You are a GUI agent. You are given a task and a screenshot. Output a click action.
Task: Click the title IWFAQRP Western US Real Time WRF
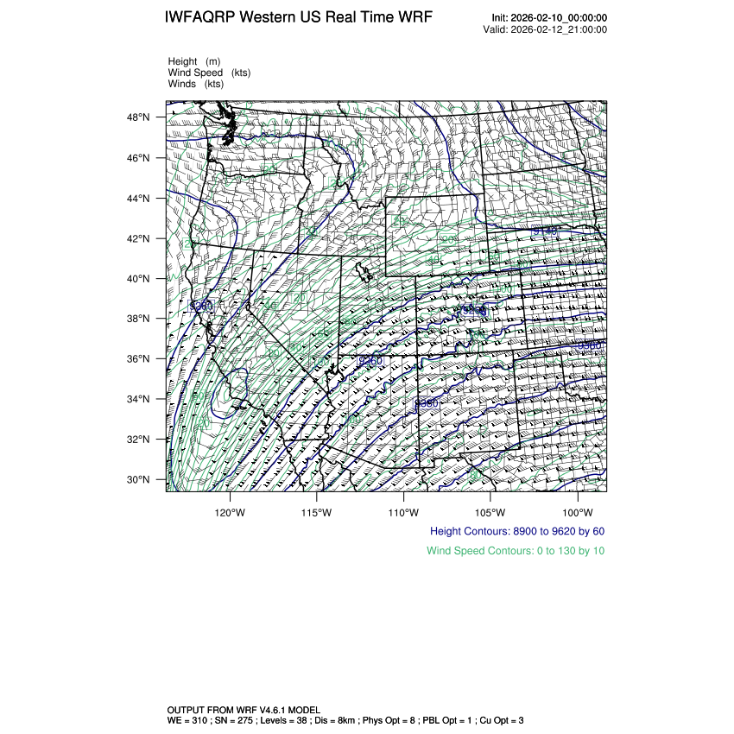click(299, 18)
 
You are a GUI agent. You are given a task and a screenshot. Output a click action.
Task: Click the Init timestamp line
click(549, 18)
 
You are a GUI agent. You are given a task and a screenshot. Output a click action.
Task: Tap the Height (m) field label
click(194, 61)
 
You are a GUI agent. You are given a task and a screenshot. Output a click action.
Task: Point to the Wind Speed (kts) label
click(209, 73)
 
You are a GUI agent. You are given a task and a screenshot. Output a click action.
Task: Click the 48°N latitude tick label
click(140, 117)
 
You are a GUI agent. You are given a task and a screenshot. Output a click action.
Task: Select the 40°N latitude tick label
click(140, 279)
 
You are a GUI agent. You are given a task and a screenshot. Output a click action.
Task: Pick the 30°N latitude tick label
click(140, 479)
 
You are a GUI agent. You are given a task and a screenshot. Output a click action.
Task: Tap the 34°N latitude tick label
click(140, 399)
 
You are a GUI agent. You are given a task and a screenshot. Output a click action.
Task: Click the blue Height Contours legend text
click(516, 531)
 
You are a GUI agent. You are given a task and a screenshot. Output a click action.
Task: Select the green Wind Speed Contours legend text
click(516, 550)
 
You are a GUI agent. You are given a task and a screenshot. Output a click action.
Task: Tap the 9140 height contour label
click(544, 231)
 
